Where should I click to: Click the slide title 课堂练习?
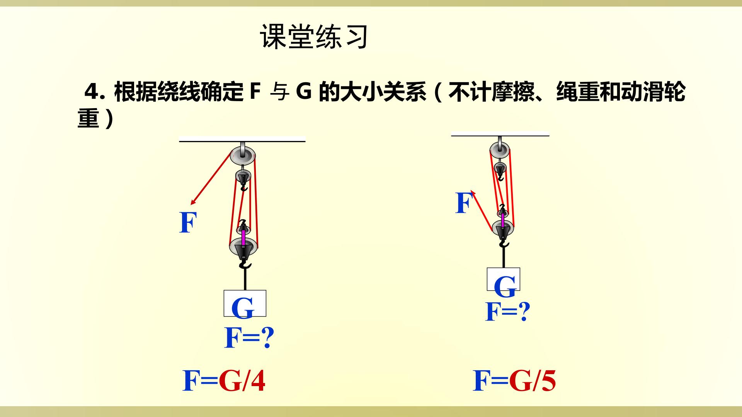pyautogui.click(x=314, y=37)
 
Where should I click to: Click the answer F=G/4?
pyautogui.click(x=224, y=381)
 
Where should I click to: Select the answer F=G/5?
pyautogui.click(x=514, y=381)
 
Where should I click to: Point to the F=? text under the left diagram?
pyautogui.click(x=249, y=338)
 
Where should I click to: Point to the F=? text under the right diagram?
pyautogui.click(x=508, y=312)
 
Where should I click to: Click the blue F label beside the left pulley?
pyautogui.click(x=188, y=223)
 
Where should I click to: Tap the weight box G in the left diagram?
pyautogui.click(x=245, y=303)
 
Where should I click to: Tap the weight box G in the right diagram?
pyautogui.click(x=503, y=279)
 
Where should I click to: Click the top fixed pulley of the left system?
pyautogui.click(x=243, y=155)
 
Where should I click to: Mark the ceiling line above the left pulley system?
pyautogui.click(x=242, y=141)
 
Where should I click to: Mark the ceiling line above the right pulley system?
pyautogui.click(x=500, y=135)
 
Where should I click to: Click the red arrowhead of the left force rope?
pyautogui.click(x=193, y=202)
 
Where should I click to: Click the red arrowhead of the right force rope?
pyautogui.click(x=473, y=193)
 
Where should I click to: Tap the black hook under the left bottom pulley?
pyautogui.click(x=245, y=264)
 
